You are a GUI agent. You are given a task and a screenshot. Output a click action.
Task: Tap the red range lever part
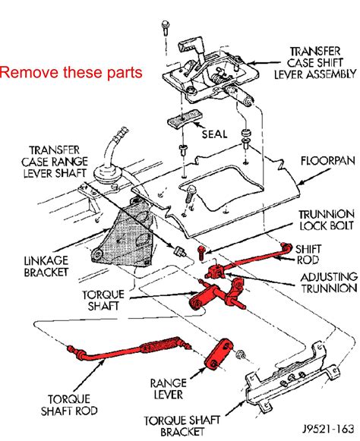pos(220,354)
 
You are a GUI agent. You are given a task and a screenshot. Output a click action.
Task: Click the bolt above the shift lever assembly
pos(166,28)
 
